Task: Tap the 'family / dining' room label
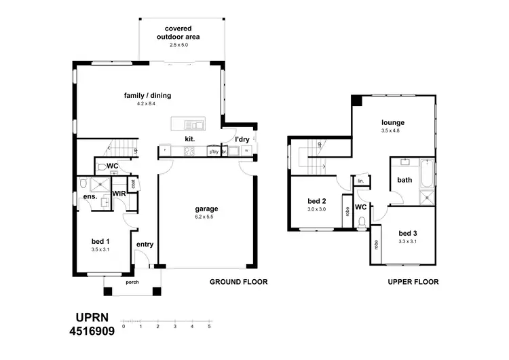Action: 147,96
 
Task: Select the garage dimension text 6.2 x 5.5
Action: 204,217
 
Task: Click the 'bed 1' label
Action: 100,241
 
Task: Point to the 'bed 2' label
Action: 318,202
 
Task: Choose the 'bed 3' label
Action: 408,233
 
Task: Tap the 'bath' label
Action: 404,181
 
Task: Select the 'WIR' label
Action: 119,194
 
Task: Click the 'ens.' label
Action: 90,197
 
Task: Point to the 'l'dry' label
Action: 242,139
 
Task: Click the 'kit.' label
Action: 190,139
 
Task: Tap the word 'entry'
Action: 145,245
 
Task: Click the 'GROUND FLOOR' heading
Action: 238,281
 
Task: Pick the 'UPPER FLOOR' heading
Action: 413,281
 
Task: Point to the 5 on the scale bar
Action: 209,327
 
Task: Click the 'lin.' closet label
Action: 361,181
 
